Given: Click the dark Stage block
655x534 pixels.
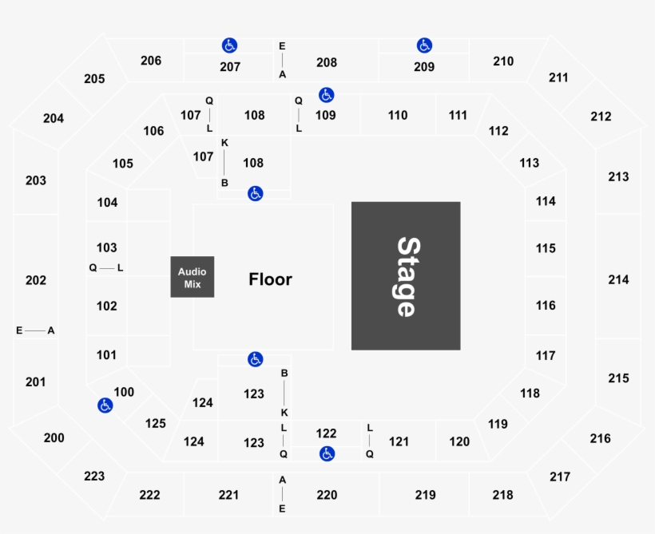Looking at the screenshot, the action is point(406,276).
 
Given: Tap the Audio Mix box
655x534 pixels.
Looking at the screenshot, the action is point(193,277).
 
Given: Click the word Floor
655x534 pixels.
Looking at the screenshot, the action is point(270,279).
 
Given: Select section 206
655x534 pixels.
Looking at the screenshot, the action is point(151,61).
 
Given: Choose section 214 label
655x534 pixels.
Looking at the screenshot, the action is point(618,279).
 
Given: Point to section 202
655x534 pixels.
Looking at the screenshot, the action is point(36,280).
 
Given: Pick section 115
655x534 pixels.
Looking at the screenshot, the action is point(546,248).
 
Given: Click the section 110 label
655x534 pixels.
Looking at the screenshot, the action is point(397,115).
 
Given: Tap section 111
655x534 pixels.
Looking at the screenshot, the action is point(458,115).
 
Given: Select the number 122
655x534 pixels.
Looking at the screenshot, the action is point(326,433).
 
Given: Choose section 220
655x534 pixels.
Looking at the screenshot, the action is point(327,495).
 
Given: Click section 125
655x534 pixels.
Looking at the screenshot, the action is point(156,423).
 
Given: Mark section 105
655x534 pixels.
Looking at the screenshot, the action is point(123,164).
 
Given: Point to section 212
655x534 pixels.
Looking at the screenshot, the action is point(601,117).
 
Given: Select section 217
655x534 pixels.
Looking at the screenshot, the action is point(560,477).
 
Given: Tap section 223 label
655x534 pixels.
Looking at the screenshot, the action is point(94,476).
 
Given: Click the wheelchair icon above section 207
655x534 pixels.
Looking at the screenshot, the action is point(229,45).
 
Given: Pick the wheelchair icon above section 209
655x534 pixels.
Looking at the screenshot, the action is point(424,45).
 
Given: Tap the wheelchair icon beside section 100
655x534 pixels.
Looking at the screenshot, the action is point(105,405).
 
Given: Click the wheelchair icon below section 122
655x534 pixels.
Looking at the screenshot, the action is point(327,454).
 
